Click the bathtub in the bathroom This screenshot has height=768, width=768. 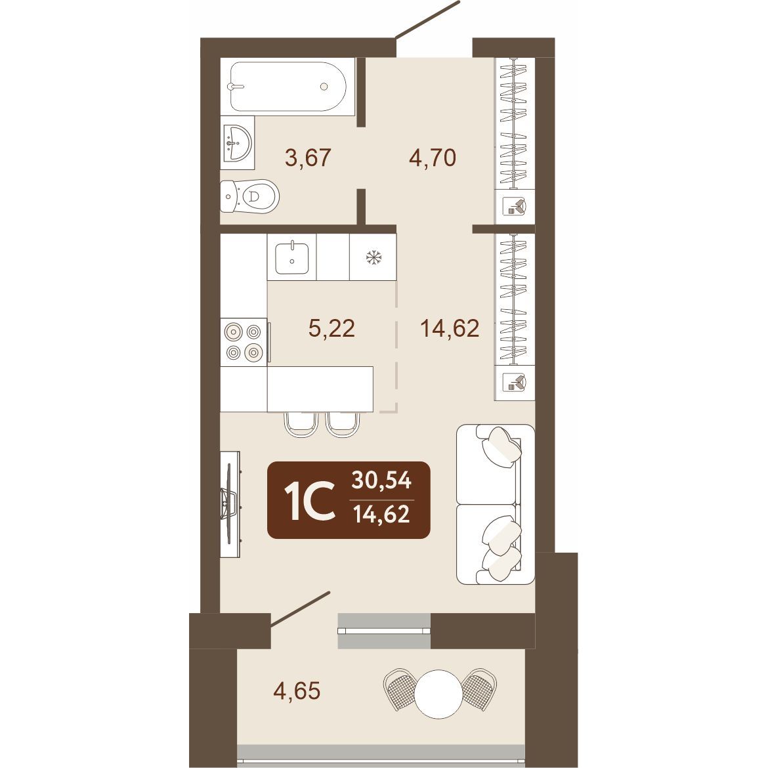coord(288,86)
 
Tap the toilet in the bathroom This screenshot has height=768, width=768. coord(249,196)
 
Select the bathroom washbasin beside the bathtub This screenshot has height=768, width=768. coord(237,142)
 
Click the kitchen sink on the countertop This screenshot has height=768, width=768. coord(292,257)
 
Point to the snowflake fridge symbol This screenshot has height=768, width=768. coord(373,257)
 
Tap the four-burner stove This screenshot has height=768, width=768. coord(244,342)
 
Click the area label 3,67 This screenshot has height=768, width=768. coord(309,158)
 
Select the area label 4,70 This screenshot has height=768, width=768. coord(433,158)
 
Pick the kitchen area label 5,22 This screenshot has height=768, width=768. coord(331,328)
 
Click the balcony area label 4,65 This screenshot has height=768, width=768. coord(297,691)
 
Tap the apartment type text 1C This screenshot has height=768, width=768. coord(312,500)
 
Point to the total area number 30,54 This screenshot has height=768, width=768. coord(381,480)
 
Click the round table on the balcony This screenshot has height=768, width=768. coord(439,694)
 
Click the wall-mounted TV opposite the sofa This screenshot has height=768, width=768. coord(230,504)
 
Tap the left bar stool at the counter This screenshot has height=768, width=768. coord(301,424)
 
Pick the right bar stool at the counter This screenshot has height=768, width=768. coord(343,424)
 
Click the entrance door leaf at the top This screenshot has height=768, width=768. coord(427,19)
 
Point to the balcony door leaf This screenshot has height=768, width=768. coord(300,608)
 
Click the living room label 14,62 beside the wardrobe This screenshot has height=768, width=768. coord(450,328)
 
